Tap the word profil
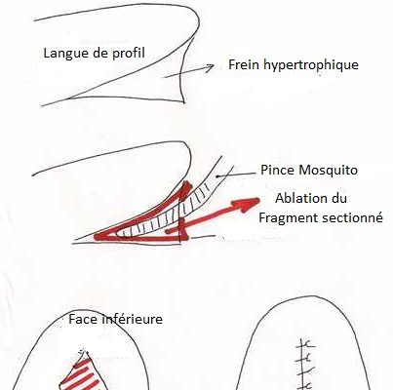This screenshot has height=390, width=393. click(129, 53)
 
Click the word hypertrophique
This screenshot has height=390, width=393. click(311, 65)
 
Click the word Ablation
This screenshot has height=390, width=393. click(300, 198)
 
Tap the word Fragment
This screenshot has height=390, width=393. click(286, 218)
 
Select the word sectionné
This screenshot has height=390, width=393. click(349, 217)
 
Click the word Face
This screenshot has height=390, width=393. click(83, 319)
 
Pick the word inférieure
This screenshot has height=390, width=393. click(132, 319)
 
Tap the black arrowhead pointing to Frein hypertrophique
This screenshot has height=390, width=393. click(209, 67)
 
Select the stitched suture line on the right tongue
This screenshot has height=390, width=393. click(303, 364)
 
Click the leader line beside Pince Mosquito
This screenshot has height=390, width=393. click(236, 175)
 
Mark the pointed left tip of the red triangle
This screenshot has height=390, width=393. click(96, 236)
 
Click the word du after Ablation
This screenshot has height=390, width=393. click(338, 198)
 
